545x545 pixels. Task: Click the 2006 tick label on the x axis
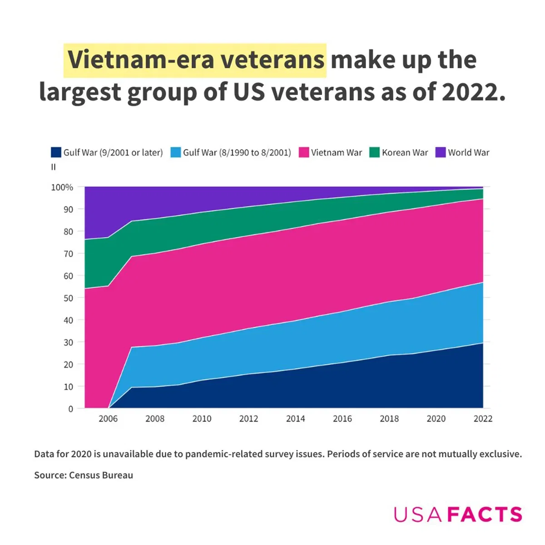tap(108, 419)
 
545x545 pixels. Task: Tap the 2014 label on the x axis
tap(295, 419)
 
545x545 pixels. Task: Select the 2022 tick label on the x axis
tap(483, 419)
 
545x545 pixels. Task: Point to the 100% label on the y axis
tap(62, 187)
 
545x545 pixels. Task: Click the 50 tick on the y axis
tap(68, 298)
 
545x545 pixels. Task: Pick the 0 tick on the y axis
tap(70, 409)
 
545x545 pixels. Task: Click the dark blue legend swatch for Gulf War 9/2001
tap(56, 153)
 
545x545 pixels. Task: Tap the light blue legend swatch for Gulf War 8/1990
tap(176, 153)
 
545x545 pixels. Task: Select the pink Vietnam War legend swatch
tap(304, 153)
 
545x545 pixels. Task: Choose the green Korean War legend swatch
tap(375, 153)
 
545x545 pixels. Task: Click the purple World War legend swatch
tap(441, 153)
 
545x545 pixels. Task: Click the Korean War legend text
tap(405, 153)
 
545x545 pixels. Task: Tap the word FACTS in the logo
tap(485, 515)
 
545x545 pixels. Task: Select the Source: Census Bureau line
tap(84, 476)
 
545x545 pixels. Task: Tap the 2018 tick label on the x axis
tap(389, 419)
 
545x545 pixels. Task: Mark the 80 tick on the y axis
tap(68, 232)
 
